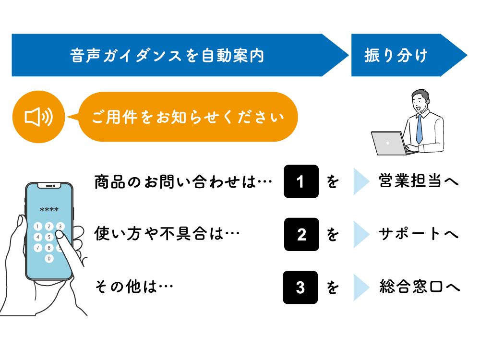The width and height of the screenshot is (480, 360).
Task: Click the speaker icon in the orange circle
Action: tap(38, 117)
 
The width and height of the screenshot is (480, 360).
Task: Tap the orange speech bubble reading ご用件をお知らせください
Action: tap(188, 117)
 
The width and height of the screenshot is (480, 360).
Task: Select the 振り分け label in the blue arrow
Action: tap(396, 55)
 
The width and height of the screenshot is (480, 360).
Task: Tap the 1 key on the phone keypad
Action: tap(38, 226)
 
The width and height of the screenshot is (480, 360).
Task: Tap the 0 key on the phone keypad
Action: tap(49, 258)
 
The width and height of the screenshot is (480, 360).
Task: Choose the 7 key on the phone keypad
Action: tap(38, 248)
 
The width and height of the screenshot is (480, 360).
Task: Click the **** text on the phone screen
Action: tap(49, 210)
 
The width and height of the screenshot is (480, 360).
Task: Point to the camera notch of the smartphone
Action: tap(49, 186)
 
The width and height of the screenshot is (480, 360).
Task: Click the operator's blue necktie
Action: tap(419, 129)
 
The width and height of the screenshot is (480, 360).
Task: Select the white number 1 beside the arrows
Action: tap(300, 182)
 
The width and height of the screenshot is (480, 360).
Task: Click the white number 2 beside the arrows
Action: tap(301, 235)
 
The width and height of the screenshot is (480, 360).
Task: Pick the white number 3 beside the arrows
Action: tap(300, 288)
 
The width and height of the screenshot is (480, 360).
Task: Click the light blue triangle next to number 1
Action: tap(360, 181)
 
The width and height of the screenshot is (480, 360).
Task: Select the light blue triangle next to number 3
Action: tap(360, 288)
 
